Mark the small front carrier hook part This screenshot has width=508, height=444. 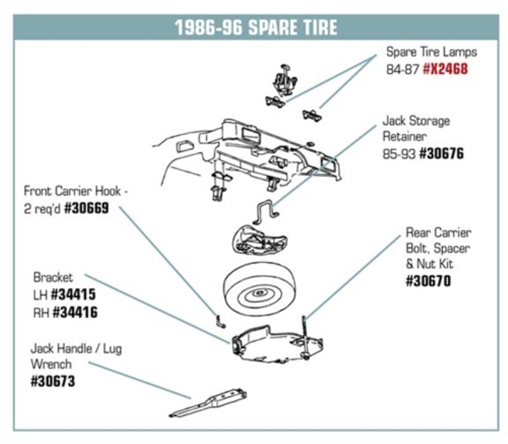[219, 320]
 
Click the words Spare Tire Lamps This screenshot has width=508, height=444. [431, 51]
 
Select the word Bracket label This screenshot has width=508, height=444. [53, 278]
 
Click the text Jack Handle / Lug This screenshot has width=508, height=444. [76, 349]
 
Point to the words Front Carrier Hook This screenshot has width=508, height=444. [70, 191]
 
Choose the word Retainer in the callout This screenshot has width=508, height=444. [404, 137]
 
